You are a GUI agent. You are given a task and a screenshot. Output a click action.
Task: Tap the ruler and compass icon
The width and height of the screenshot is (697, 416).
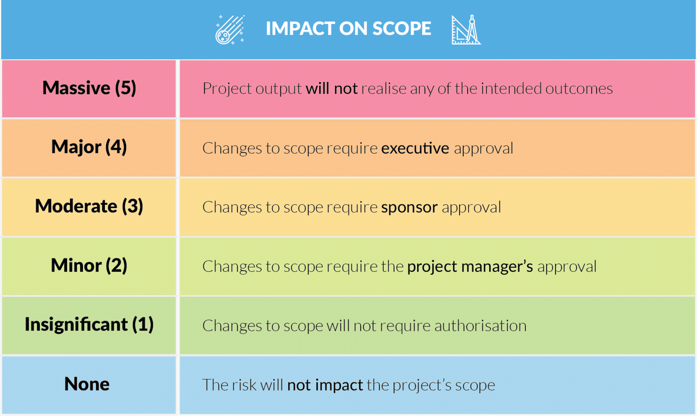pos(466,30)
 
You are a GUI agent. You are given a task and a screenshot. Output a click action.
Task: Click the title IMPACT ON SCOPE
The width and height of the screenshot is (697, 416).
pos(348,29)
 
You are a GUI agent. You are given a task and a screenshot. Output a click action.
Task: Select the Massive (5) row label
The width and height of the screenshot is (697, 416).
pos(89,88)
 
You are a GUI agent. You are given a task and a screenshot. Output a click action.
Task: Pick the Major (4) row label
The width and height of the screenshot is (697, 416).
pos(89,147)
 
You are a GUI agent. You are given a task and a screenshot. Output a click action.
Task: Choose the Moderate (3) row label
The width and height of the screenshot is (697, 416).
pos(89,206)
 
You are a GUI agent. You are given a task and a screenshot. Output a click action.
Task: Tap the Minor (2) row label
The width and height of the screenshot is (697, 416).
pos(89,266)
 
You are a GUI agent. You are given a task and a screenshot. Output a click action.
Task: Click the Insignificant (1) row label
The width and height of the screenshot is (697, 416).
pos(89,324)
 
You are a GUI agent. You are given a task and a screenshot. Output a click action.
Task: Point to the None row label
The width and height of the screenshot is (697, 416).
pos(87,384)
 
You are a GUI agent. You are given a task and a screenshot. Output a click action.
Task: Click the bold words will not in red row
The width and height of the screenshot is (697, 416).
pos(331,89)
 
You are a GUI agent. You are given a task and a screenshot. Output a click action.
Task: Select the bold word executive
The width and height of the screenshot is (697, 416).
pos(415,148)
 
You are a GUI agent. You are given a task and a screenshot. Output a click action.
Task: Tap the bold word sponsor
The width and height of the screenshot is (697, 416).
pos(409,207)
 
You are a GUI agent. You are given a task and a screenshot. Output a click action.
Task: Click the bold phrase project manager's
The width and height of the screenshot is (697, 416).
pos(470,266)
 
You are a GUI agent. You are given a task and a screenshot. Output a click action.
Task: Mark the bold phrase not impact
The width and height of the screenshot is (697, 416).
pos(325,385)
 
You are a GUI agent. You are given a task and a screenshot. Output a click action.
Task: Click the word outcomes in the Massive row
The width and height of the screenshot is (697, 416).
pos(579,89)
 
